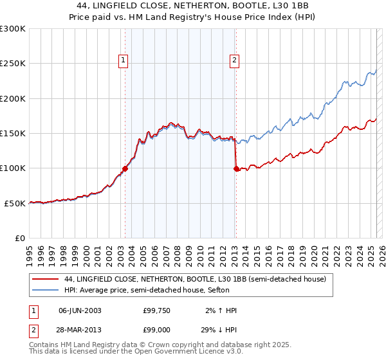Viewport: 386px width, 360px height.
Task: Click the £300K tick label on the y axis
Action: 13,29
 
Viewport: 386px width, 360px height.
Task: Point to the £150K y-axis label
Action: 13,134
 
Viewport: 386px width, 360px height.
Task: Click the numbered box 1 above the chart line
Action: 123,61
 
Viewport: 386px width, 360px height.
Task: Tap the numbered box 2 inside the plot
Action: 234,61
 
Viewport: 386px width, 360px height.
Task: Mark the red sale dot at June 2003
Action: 125,168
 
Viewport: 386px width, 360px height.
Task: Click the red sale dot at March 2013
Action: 236,169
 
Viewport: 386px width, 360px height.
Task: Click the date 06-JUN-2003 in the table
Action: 80,310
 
